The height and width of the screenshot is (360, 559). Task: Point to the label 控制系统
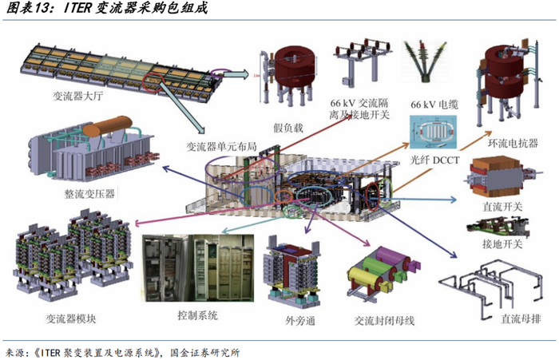click(197, 315)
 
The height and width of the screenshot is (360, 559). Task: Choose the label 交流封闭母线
click(379, 321)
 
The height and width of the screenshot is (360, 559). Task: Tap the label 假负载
click(288, 127)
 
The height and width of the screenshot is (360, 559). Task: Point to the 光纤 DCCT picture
click(436, 131)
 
